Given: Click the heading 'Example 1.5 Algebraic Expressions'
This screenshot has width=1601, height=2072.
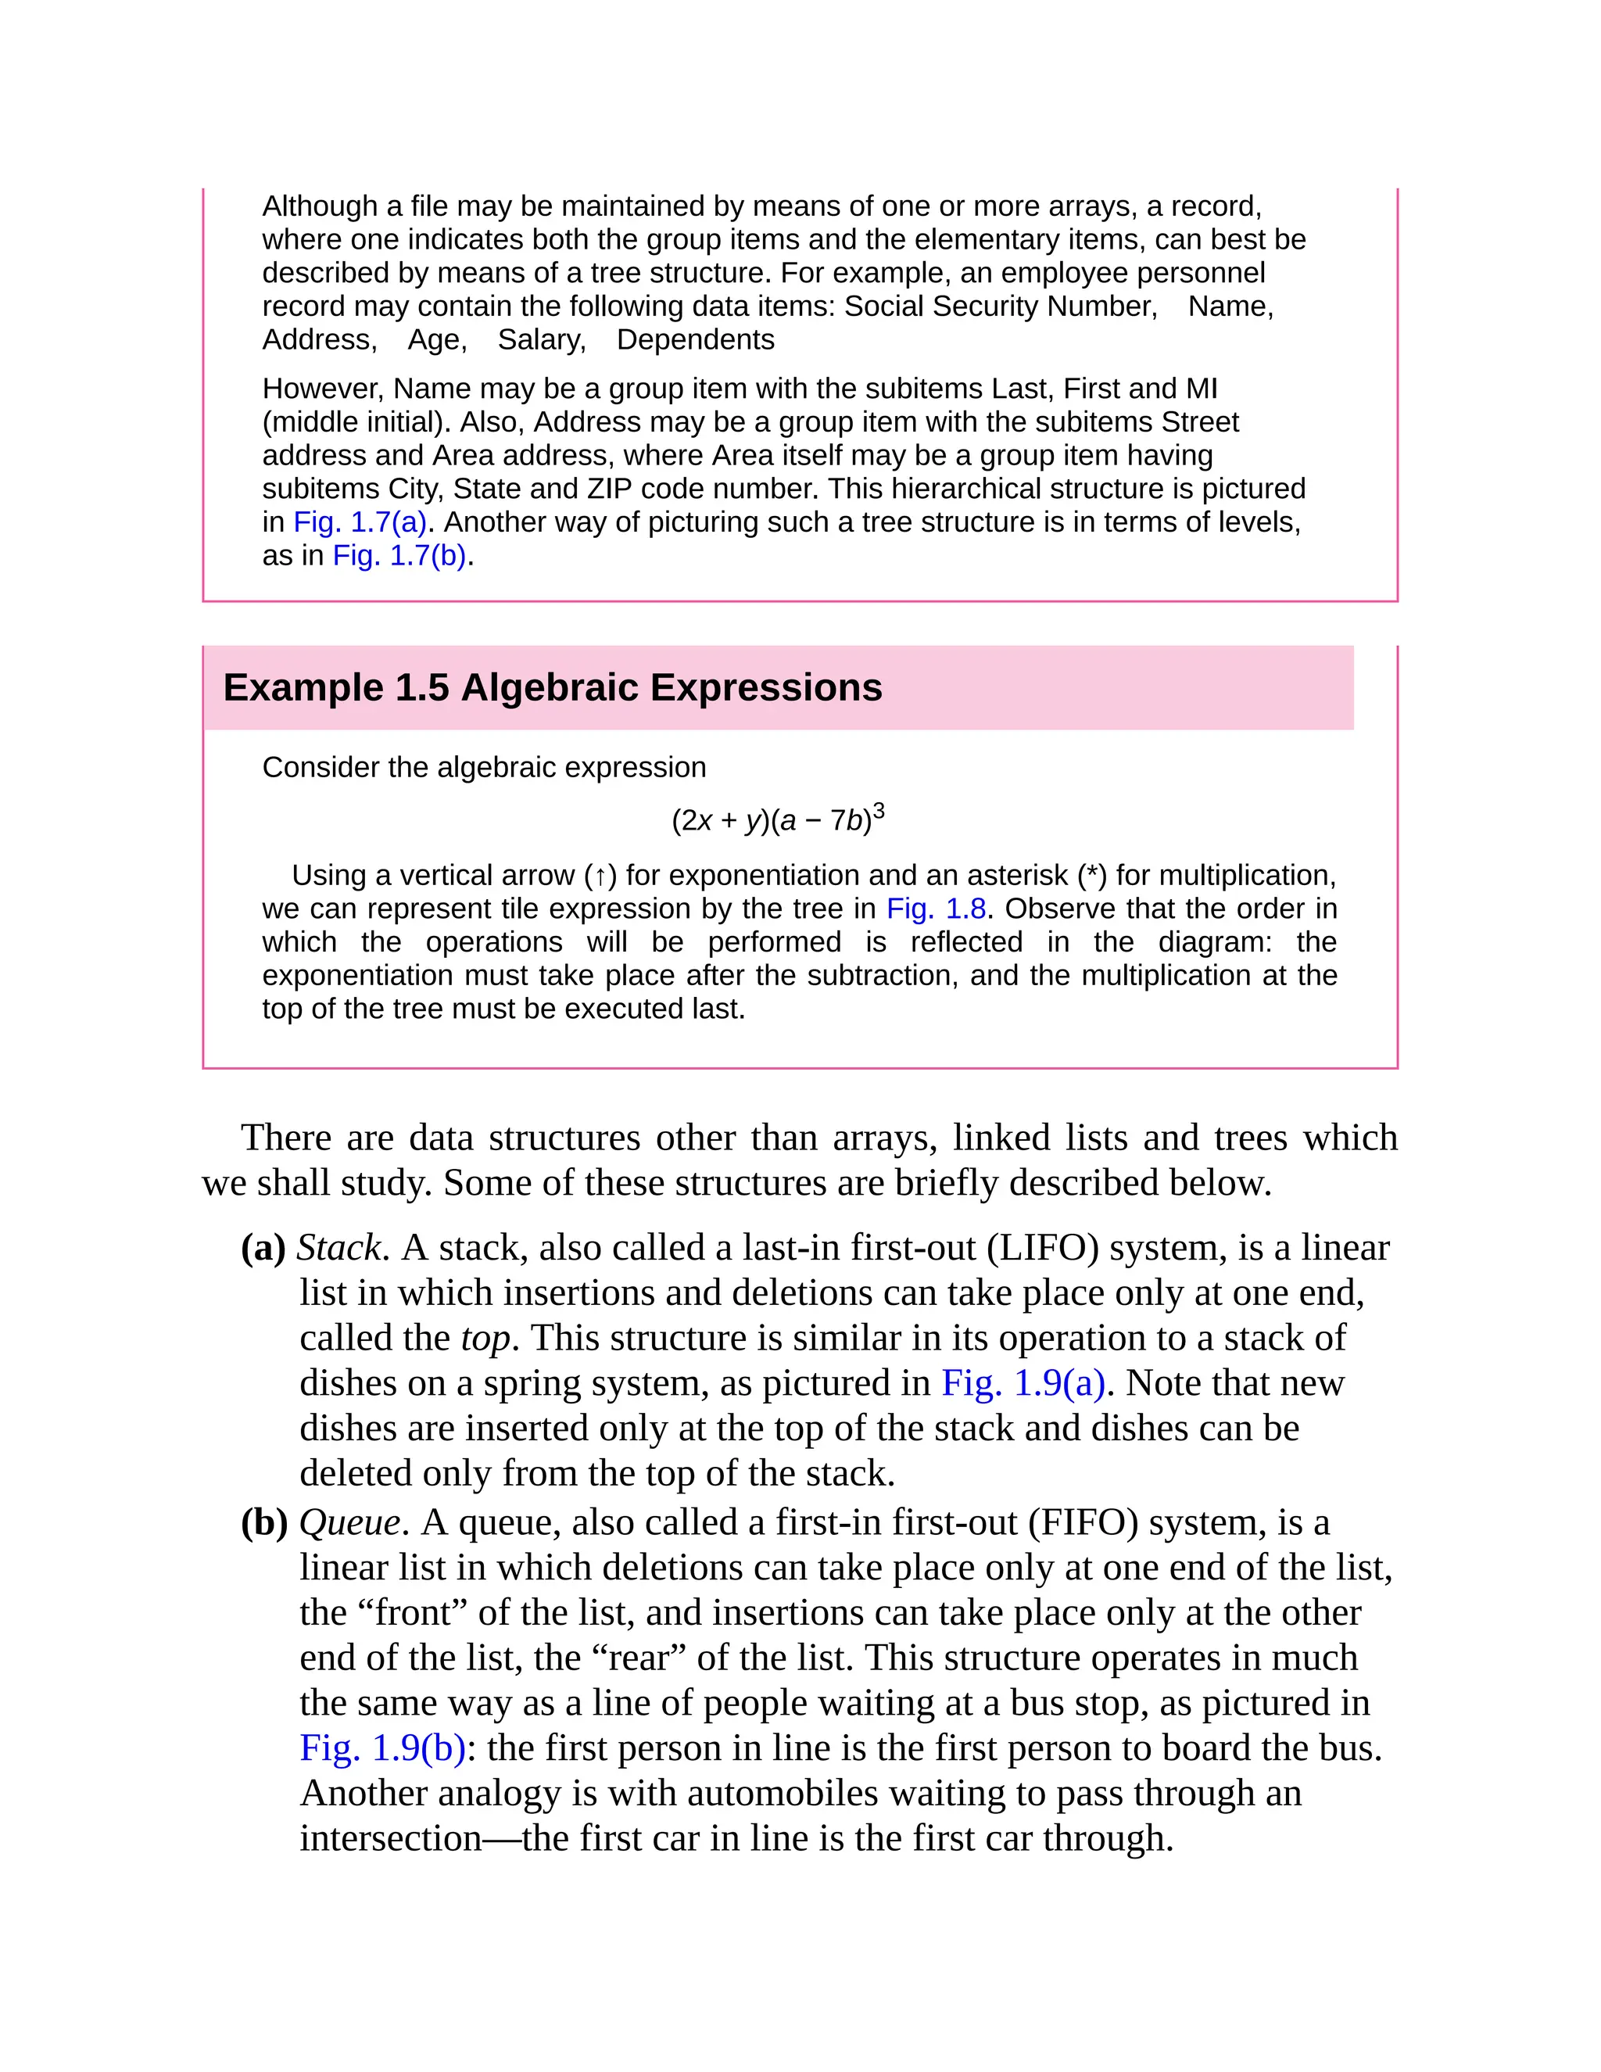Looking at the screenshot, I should (552, 688).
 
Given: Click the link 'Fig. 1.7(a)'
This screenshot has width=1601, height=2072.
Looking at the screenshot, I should (360, 522).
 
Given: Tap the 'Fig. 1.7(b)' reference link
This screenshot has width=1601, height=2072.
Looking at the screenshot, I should (399, 555).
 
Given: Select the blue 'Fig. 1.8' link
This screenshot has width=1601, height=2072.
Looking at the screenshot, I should (936, 909).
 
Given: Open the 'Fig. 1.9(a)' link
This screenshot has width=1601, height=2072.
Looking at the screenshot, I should (1023, 1383).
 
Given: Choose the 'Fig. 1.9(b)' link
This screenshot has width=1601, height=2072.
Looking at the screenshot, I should (382, 1748).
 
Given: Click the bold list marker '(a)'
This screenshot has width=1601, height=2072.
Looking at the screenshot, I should (263, 1248).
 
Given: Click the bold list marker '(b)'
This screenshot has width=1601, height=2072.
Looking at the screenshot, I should (263, 1522).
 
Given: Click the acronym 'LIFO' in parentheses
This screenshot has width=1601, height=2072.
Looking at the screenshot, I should (1042, 1248).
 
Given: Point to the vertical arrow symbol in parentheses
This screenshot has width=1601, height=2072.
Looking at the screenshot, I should (600, 876).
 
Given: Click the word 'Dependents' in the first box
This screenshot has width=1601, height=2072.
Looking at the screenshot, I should (695, 339).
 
